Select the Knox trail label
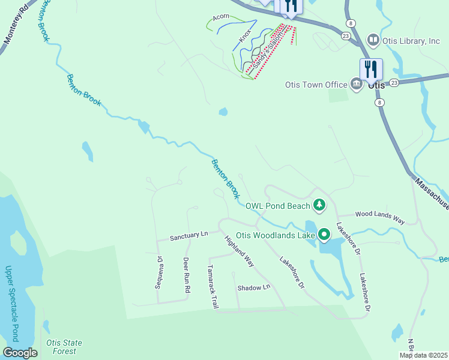245,34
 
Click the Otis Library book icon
373,40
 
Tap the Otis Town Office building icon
356,85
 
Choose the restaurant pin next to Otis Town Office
371,68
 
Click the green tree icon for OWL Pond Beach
320,206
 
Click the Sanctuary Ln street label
188,236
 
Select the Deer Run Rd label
187,275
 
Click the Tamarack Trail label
212,286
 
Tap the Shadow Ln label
254,288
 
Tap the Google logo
20,353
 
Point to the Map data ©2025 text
423,355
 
